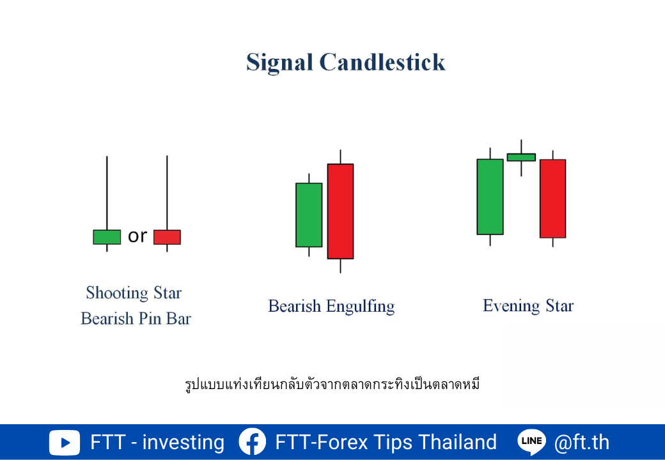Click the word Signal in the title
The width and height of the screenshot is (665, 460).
279,63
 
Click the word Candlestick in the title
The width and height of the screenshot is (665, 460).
382,62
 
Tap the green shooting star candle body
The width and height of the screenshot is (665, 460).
107,237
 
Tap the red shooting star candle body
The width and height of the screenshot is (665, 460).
167,237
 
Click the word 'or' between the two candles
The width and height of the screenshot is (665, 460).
137,236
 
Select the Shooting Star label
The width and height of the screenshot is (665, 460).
134,293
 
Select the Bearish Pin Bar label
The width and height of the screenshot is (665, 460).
136,319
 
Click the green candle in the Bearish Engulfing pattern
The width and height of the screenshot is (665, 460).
309,215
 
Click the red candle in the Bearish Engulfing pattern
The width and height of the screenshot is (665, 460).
341,211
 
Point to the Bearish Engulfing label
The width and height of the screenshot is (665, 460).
331,307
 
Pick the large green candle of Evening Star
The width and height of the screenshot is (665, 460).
490,197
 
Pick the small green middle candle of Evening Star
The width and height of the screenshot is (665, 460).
521,157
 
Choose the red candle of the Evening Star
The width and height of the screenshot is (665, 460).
552,199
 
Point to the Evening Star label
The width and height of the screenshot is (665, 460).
528,306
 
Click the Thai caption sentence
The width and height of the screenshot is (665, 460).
332,384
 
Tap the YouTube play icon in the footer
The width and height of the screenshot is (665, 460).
64,443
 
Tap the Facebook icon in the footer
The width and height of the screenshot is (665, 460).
253,441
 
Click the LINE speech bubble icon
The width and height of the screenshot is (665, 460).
532,441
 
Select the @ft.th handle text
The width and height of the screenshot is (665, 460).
581,442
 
